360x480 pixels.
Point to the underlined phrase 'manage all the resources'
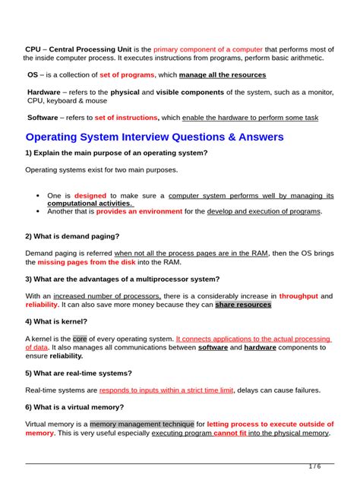coord(223,75)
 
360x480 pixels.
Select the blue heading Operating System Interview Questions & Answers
coord(154,137)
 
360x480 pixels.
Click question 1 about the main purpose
coord(116,153)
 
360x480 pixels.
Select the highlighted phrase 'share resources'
coord(243,305)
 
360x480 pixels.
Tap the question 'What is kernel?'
coord(58,321)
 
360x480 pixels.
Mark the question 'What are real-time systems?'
coord(79,373)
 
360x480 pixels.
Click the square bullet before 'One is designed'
coord(37,196)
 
